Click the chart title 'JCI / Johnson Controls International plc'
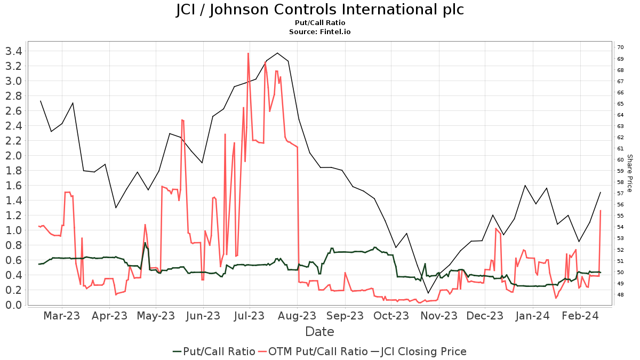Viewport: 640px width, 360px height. click(x=320, y=10)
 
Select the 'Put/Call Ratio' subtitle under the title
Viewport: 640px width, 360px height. click(x=320, y=23)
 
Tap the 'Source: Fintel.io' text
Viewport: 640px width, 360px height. click(x=320, y=32)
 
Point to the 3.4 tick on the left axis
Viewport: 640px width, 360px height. click(x=12, y=51)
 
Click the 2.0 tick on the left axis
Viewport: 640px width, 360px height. click(x=12, y=156)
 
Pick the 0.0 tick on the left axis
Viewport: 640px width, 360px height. click(x=12, y=305)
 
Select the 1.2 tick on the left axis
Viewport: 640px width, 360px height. click(x=12, y=215)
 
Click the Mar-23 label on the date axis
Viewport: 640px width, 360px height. click(x=62, y=316)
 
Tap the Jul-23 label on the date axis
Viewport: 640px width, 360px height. click(x=250, y=316)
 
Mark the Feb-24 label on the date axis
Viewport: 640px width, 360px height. click(x=580, y=316)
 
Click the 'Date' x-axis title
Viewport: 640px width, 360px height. click(x=319, y=332)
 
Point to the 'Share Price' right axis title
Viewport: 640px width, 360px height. click(x=629, y=173)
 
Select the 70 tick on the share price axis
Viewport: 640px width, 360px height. click(x=620, y=47)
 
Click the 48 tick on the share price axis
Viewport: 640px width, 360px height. click(x=620, y=295)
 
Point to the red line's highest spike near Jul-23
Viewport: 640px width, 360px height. click(x=249, y=53)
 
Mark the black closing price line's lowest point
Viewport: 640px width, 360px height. click(x=428, y=293)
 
